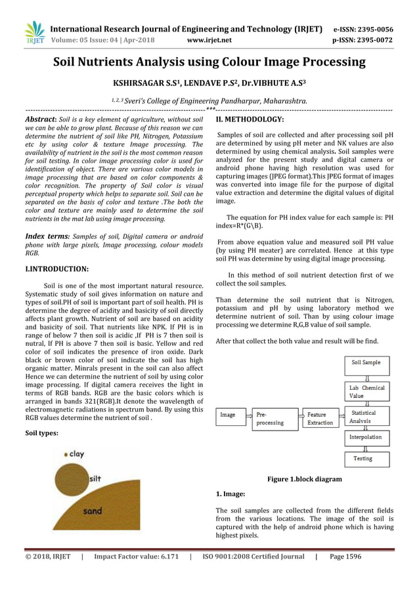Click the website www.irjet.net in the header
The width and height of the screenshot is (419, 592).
[209, 40]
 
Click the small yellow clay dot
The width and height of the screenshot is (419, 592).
[66, 454]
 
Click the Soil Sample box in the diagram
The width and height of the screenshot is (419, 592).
[366, 363]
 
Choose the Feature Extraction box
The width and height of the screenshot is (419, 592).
[320, 419]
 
